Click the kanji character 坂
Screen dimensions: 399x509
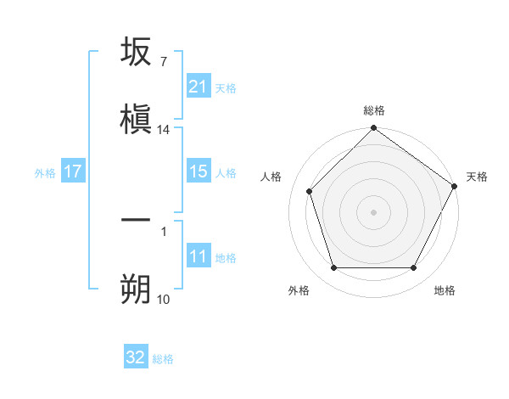pos(136,53)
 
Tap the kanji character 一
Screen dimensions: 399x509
pos(136,220)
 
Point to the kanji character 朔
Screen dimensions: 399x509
pos(136,286)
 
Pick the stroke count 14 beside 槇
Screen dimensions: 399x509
pos(164,130)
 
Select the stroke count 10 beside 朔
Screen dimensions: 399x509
pos(163,299)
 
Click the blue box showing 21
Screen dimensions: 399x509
pos(199,87)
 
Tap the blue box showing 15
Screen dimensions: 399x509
pos(199,171)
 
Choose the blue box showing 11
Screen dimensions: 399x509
pos(199,256)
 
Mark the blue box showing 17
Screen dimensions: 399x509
pos(73,171)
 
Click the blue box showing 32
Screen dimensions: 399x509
pos(136,357)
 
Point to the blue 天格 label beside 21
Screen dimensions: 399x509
pos(226,87)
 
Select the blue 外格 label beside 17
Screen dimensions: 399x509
pos(45,172)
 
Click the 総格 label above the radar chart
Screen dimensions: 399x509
pos(374,111)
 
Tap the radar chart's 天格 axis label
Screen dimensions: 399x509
pos(477,177)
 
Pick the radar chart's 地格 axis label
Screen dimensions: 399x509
pos(445,290)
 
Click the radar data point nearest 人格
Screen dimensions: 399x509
pos(310,191)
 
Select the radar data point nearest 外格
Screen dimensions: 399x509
pos(333,268)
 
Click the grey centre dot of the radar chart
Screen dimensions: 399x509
pos(373,211)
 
